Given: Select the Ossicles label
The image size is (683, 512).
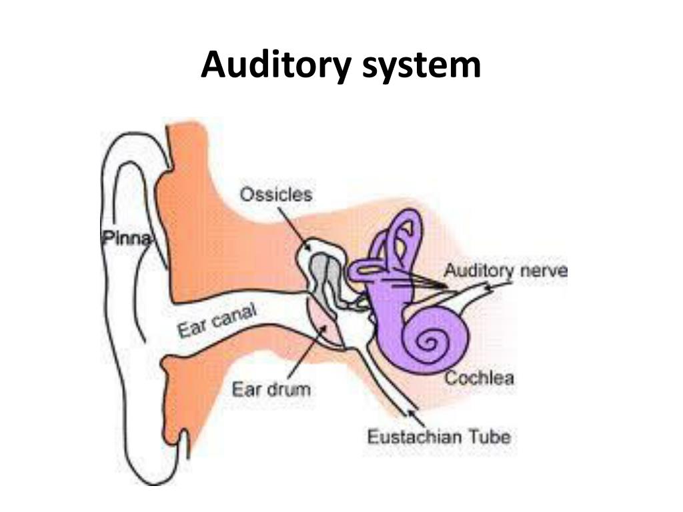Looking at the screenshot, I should (x=275, y=195).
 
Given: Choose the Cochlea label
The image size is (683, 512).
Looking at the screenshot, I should (x=479, y=378).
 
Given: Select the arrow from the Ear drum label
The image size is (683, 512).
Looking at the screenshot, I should (x=307, y=353).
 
